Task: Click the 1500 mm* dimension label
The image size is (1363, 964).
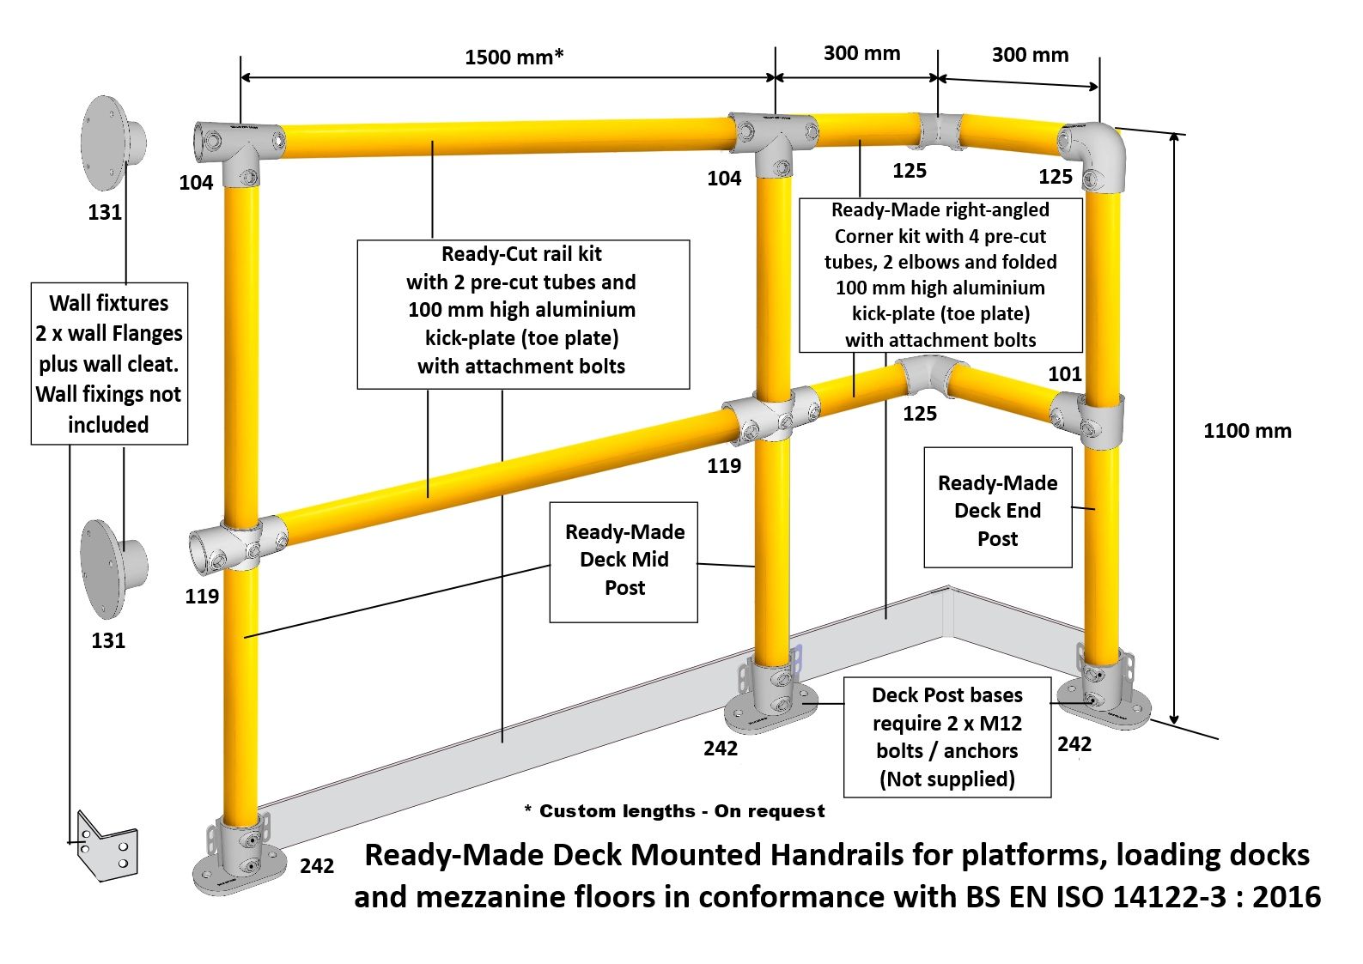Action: [514, 57]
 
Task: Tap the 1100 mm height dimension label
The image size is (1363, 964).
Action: [1247, 431]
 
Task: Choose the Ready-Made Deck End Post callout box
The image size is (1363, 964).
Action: [998, 508]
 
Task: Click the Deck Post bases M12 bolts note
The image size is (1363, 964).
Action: [947, 737]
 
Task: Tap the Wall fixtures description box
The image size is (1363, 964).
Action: [110, 364]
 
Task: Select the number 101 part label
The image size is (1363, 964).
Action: [1065, 373]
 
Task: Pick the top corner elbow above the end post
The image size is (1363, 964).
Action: [1093, 155]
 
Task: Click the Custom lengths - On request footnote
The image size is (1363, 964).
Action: [674, 810]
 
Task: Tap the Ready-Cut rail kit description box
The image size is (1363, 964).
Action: [523, 314]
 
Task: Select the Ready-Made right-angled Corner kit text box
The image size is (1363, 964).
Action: [940, 275]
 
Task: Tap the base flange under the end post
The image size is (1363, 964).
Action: [1103, 694]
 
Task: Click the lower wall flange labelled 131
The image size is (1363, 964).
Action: [113, 568]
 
